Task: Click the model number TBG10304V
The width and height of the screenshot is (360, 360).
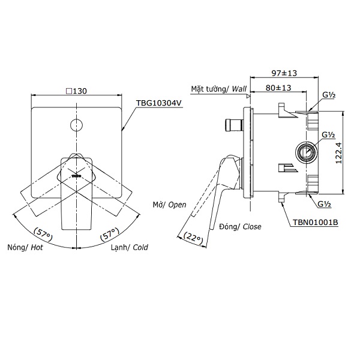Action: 159,103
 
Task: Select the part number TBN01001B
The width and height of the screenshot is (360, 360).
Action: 315,222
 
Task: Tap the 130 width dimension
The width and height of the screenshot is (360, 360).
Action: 76,91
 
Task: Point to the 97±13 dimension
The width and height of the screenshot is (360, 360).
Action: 284,73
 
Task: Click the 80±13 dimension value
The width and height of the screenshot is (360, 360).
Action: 278,88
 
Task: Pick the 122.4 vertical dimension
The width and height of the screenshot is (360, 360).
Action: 338,153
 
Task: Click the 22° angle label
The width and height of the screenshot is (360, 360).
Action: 194,238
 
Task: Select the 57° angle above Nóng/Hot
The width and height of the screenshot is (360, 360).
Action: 43,234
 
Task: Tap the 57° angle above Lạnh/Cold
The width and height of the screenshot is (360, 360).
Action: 110,234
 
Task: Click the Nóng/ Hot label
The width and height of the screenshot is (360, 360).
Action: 25,247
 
